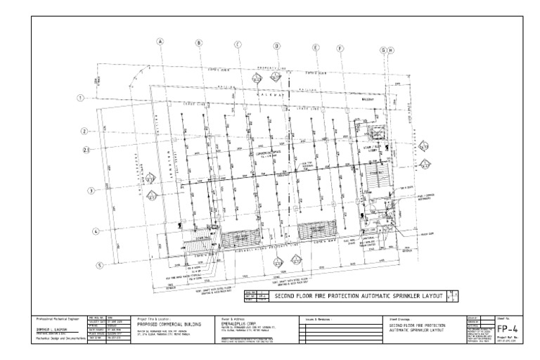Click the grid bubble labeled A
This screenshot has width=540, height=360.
[x=160, y=41]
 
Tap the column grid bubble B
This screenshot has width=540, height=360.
[x=199, y=44]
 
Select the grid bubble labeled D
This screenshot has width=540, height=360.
[x=276, y=46]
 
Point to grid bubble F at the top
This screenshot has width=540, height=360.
[x=340, y=49]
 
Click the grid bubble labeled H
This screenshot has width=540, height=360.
[x=391, y=51]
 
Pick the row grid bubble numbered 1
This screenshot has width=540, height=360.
[x=81, y=98]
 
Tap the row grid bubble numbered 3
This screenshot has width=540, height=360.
[x=91, y=191]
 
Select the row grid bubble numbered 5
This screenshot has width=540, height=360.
[x=100, y=265]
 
